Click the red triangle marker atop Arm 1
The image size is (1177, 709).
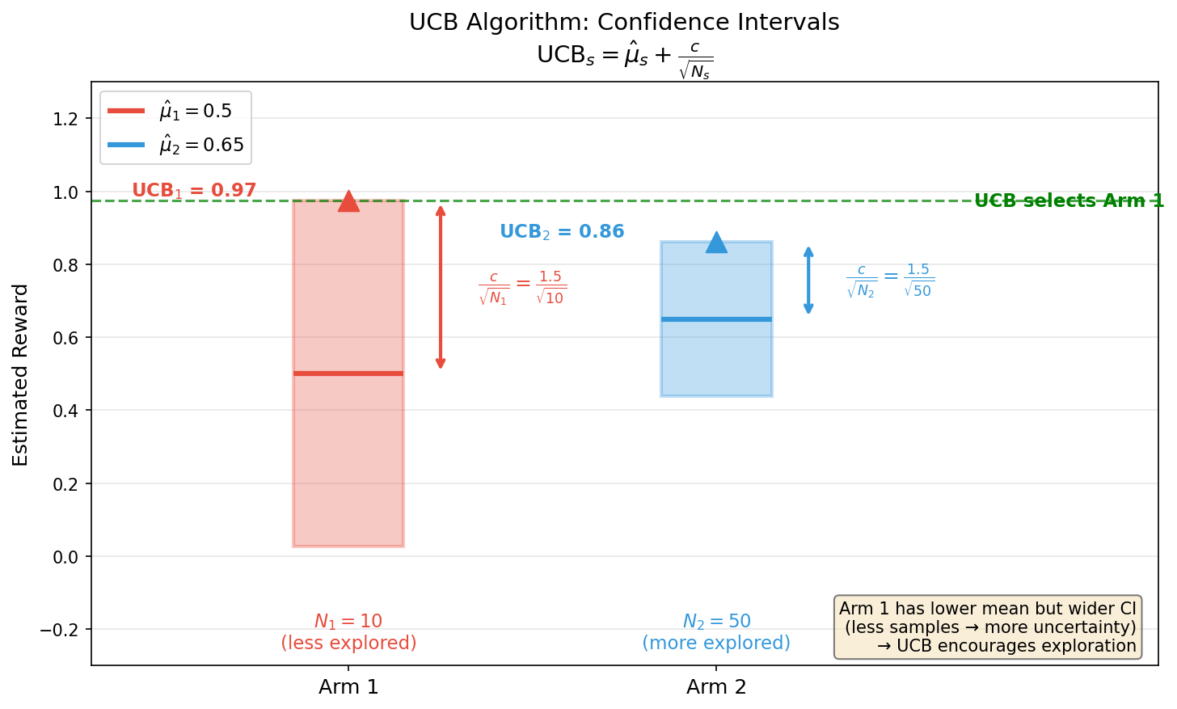(348, 201)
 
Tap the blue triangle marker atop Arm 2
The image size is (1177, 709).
(716, 243)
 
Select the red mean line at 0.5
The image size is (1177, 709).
(348, 373)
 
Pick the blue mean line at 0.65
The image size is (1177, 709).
(716, 319)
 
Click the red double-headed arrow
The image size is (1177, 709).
(441, 287)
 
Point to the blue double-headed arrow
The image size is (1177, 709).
(808, 281)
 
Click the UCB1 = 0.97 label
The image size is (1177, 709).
(194, 191)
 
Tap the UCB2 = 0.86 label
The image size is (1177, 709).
(562, 232)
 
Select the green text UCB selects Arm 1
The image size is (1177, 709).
(1069, 201)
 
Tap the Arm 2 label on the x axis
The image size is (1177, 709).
(716, 687)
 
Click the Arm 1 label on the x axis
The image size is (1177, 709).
(348, 687)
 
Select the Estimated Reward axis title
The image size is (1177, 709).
(21, 374)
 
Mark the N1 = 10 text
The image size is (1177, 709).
(348, 622)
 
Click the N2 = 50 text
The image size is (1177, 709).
(716, 622)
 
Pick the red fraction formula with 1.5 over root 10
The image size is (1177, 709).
(522, 288)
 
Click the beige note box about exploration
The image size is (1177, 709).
(988, 627)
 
